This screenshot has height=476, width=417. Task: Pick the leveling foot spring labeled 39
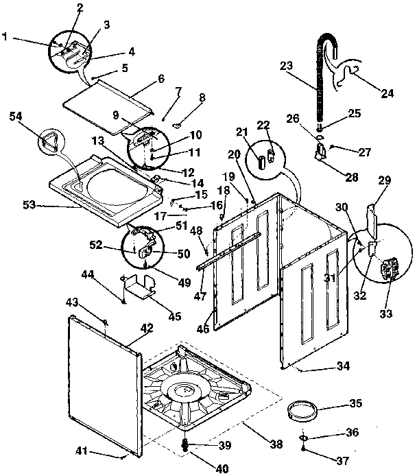[185, 446]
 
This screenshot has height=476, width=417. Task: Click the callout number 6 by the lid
[161, 79]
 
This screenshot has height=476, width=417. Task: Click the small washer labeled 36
[302, 437]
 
